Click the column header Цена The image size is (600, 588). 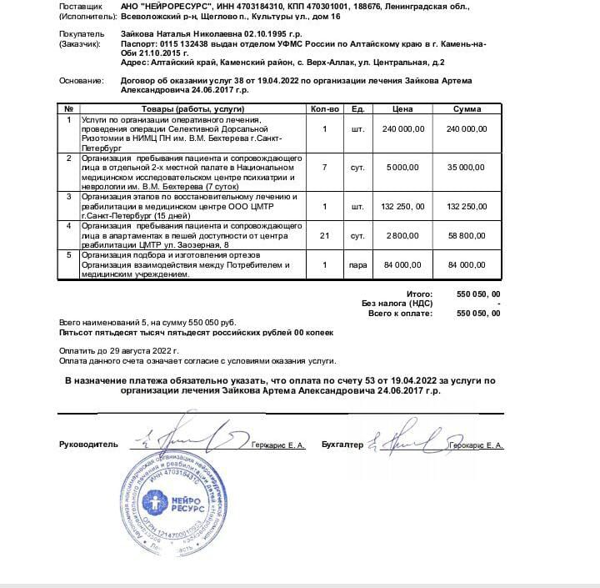click(402, 109)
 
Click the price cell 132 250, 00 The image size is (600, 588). click(403, 206)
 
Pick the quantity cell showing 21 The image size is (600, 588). click(325, 237)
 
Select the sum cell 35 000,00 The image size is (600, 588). click(467, 167)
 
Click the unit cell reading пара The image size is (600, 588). click(358, 265)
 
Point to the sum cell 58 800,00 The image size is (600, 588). click(467, 237)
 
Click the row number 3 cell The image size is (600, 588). click(69, 196)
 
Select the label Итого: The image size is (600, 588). click(419, 294)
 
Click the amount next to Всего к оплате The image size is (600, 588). click(479, 314)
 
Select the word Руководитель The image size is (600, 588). click(83, 445)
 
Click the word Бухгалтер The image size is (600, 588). click(342, 445)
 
